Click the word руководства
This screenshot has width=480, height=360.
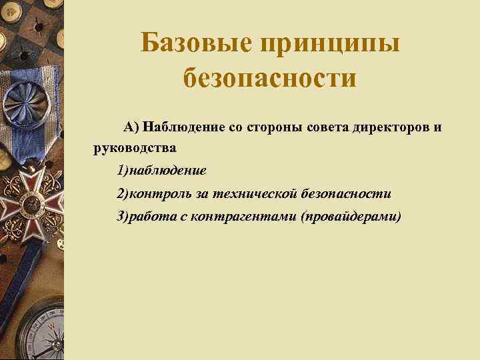coord(135,147)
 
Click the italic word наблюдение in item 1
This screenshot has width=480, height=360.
coord(169,171)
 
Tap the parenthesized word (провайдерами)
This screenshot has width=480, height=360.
coord(351,217)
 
